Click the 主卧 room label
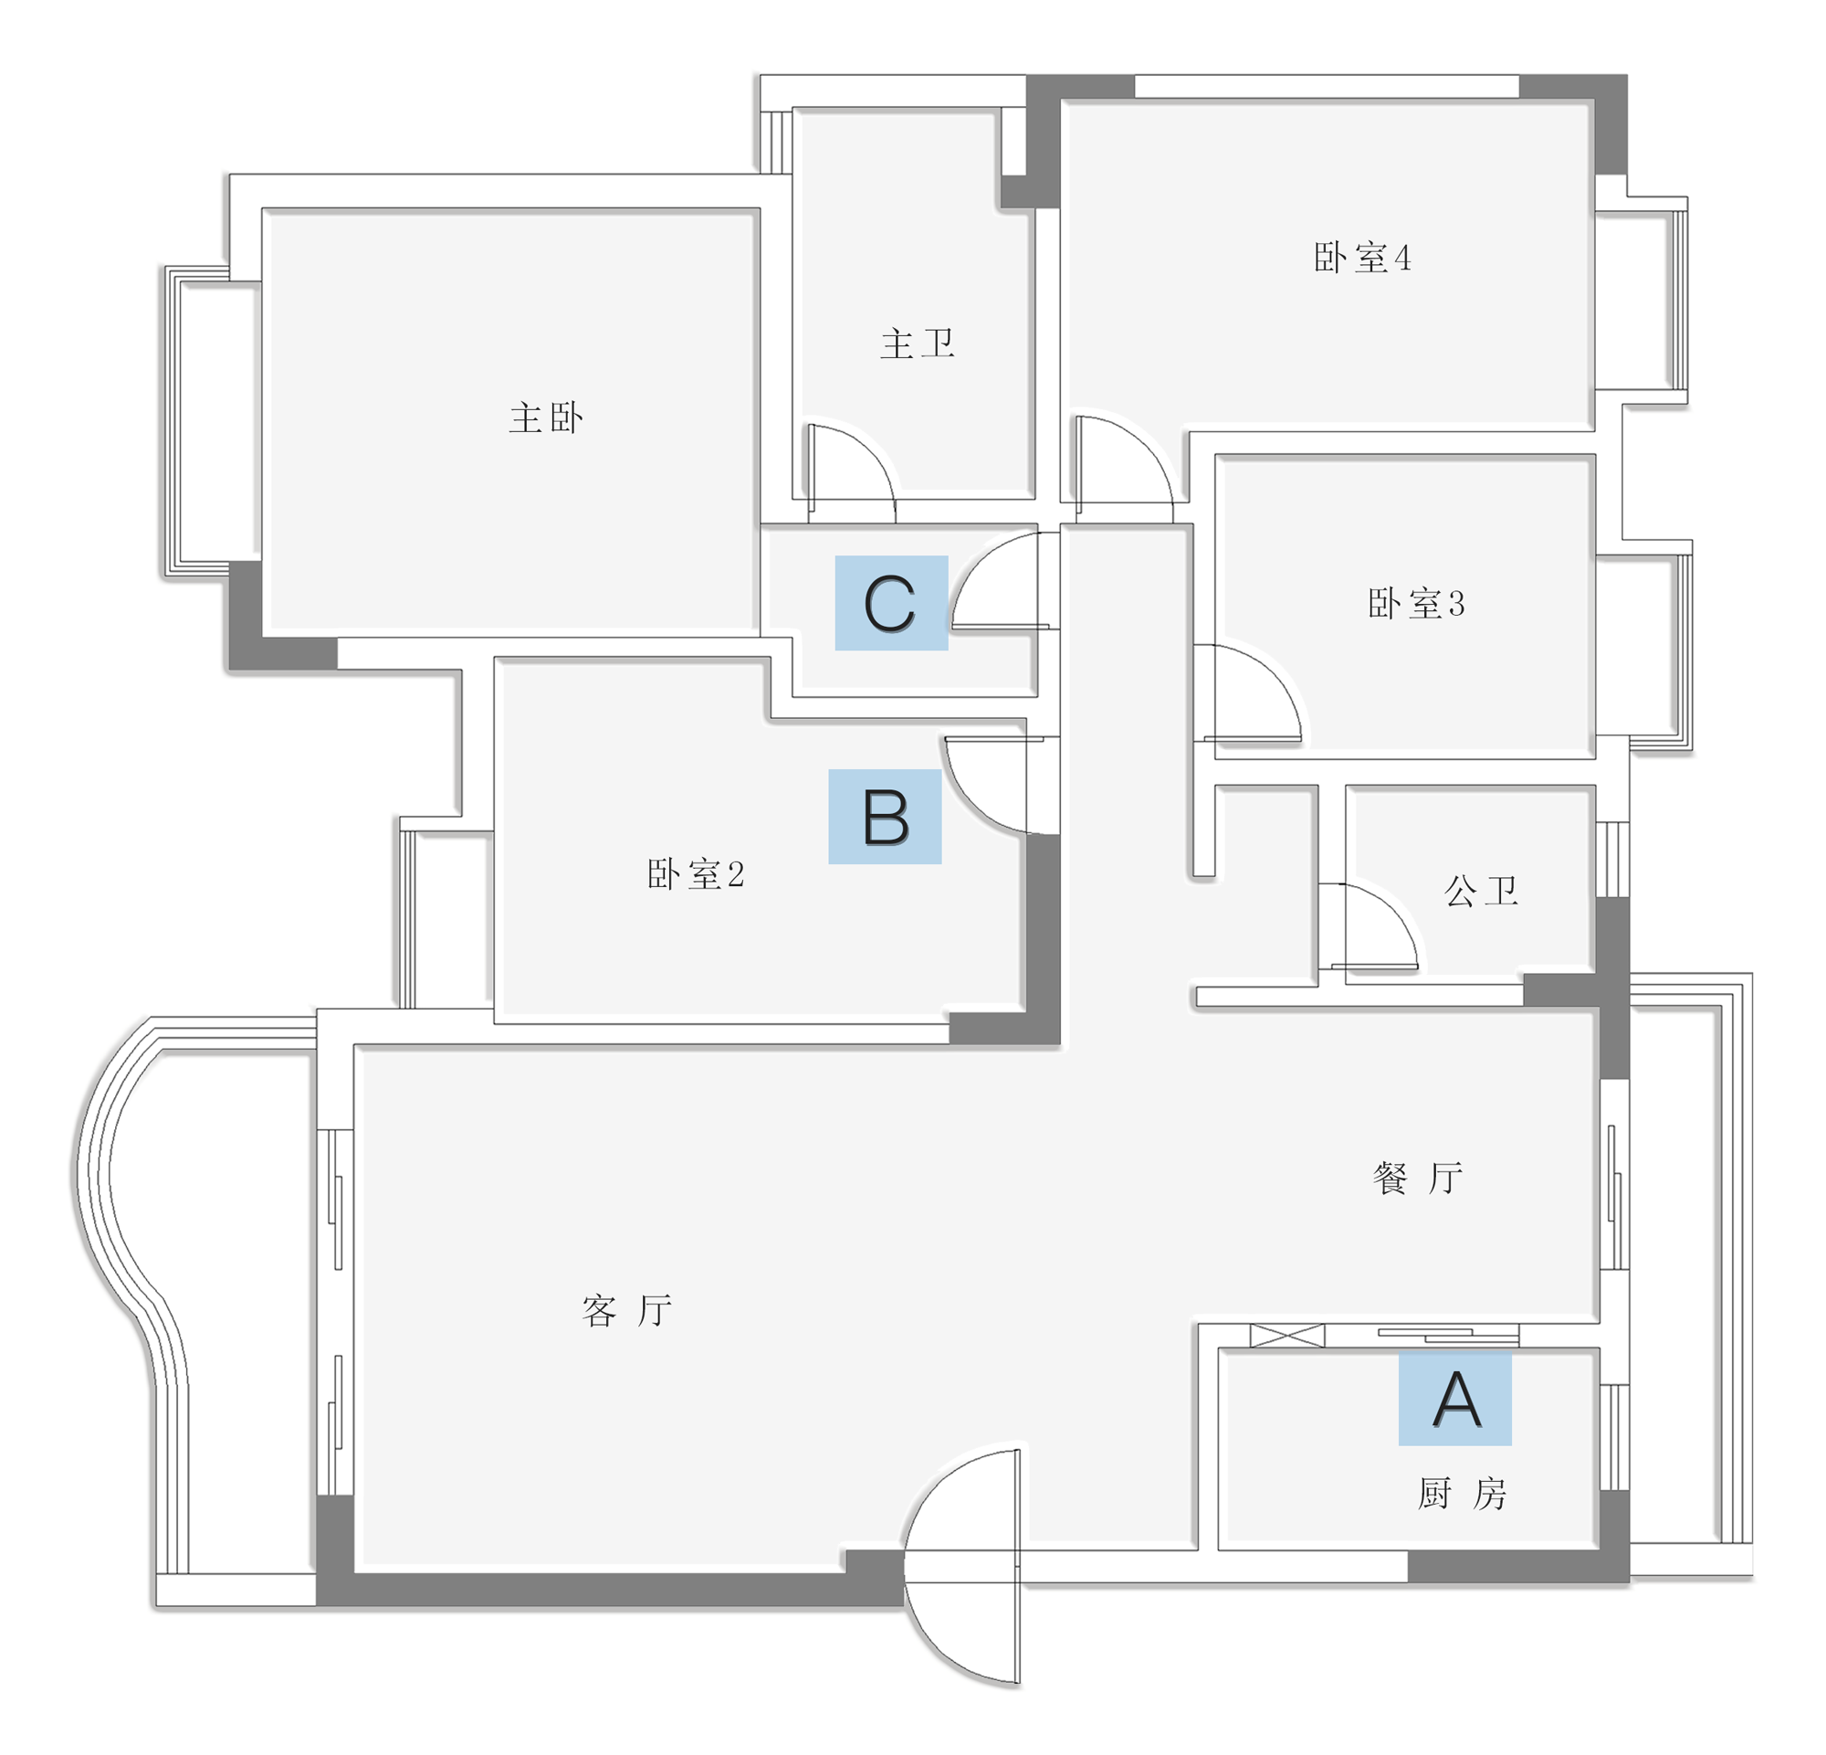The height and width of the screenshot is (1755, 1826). point(546,418)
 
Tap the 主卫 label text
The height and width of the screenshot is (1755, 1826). point(918,344)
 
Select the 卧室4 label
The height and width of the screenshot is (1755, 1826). point(1362,259)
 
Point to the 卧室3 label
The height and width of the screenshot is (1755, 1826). point(1416,604)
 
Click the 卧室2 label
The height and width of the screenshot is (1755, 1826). point(696,874)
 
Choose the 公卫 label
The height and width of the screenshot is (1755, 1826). point(1481,892)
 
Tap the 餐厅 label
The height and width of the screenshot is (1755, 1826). point(1418,1179)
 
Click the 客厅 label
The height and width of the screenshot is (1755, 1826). point(626,1310)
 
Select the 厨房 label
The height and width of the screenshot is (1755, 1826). point(1462,1494)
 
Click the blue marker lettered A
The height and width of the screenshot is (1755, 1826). point(1455,1399)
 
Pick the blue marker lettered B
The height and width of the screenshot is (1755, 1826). point(885,817)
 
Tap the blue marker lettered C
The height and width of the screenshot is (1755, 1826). point(892,603)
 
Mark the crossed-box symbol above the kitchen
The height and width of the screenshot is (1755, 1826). point(1286,1336)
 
